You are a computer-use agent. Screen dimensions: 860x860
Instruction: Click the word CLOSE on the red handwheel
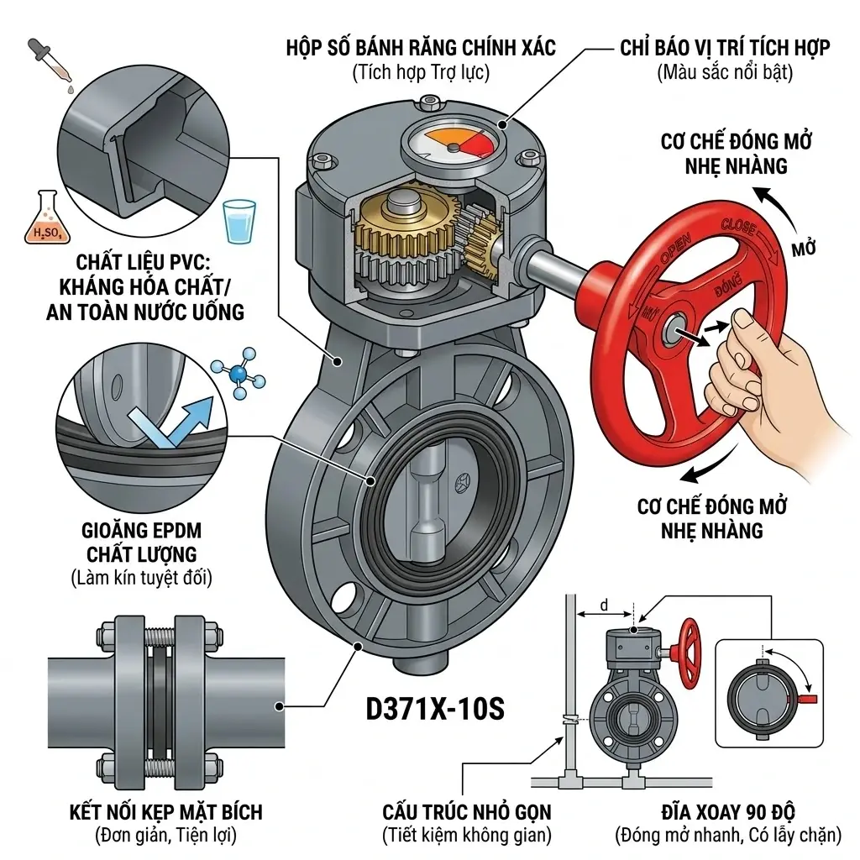[x=740, y=228]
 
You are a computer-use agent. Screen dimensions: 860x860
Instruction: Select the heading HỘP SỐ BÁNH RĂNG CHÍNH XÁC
[x=420, y=47]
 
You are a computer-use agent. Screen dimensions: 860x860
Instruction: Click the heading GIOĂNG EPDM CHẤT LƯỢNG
[x=142, y=543]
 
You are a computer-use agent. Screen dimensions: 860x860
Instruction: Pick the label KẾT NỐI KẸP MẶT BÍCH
[x=165, y=812]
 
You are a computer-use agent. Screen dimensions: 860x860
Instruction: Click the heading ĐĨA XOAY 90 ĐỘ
[x=727, y=812]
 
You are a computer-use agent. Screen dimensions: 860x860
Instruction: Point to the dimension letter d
[x=602, y=605]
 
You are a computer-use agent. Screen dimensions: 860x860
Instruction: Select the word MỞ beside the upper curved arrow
[x=805, y=249]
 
